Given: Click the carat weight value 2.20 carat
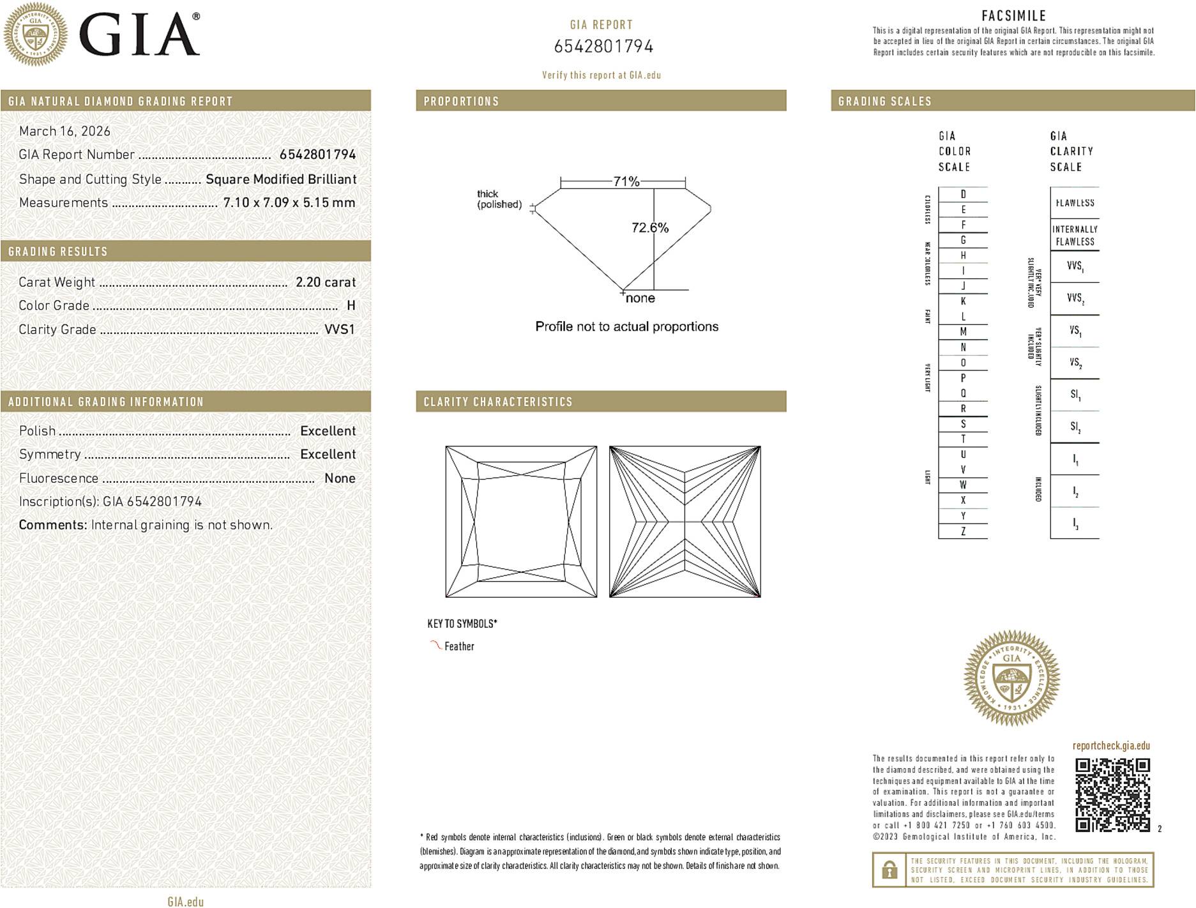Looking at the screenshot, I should (x=325, y=282).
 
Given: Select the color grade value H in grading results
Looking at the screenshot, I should (x=351, y=306).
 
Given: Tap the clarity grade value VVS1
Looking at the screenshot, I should (x=339, y=329).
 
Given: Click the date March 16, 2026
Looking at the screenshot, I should (x=64, y=132).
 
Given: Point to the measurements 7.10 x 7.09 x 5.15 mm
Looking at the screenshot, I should (x=289, y=203).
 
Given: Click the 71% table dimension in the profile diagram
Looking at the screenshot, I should (x=626, y=181).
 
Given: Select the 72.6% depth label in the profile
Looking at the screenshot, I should (x=649, y=228).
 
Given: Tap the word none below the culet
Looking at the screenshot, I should (x=640, y=298).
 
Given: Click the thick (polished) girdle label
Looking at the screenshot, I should (x=499, y=199).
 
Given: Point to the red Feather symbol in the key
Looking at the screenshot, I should (x=435, y=645).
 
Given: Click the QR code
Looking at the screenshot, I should (x=1112, y=794).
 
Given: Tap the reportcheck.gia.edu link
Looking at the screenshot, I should (x=1110, y=746).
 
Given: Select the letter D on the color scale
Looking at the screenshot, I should (x=963, y=194).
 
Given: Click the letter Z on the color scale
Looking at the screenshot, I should (x=963, y=531).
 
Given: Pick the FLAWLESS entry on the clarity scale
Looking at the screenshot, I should (x=1075, y=203).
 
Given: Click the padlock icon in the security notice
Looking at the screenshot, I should (x=889, y=870).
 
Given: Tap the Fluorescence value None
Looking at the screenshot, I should (x=339, y=478).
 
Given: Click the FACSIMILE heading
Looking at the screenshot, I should (x=1013, y=16).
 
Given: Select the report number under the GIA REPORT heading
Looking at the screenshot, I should (x=603, y=47).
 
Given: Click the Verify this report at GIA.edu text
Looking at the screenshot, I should (x=601, y=75).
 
